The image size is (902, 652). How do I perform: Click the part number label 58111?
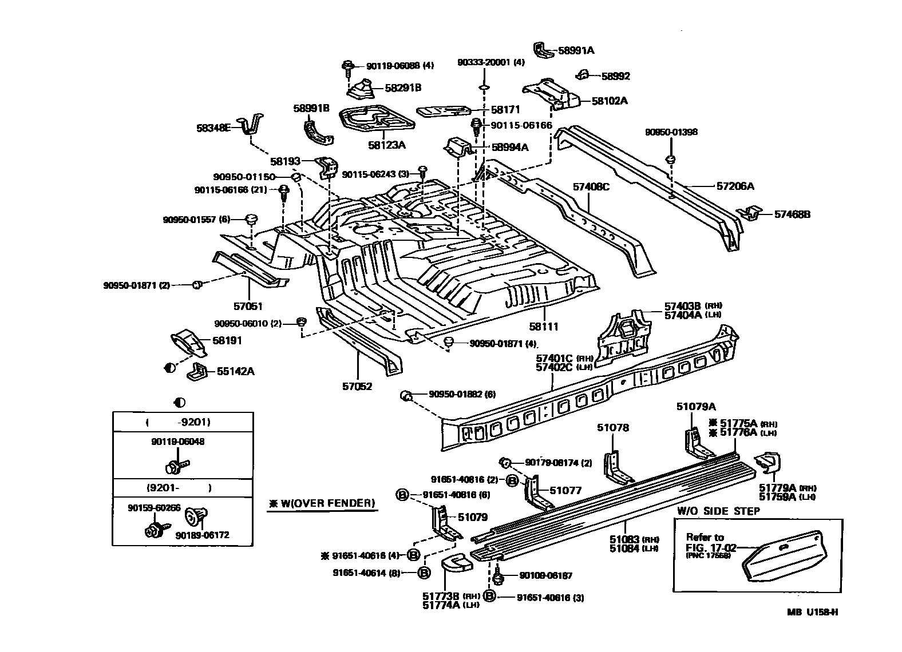click(543, 327)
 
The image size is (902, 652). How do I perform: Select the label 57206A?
click(735, 186)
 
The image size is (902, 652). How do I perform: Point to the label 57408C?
click(591, 186)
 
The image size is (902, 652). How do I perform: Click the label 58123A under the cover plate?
click(386, 145)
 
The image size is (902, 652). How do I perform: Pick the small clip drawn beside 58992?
click(582, 74)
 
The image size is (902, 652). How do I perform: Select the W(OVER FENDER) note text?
click(322, 503)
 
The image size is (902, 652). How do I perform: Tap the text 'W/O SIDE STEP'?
click(718, 511)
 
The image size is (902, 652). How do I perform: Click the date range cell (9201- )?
click(179, 488)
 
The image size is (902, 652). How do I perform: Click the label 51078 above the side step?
click(612, 427)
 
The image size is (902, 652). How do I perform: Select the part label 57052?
click(357, 386)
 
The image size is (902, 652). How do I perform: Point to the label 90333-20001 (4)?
click(491, 62)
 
